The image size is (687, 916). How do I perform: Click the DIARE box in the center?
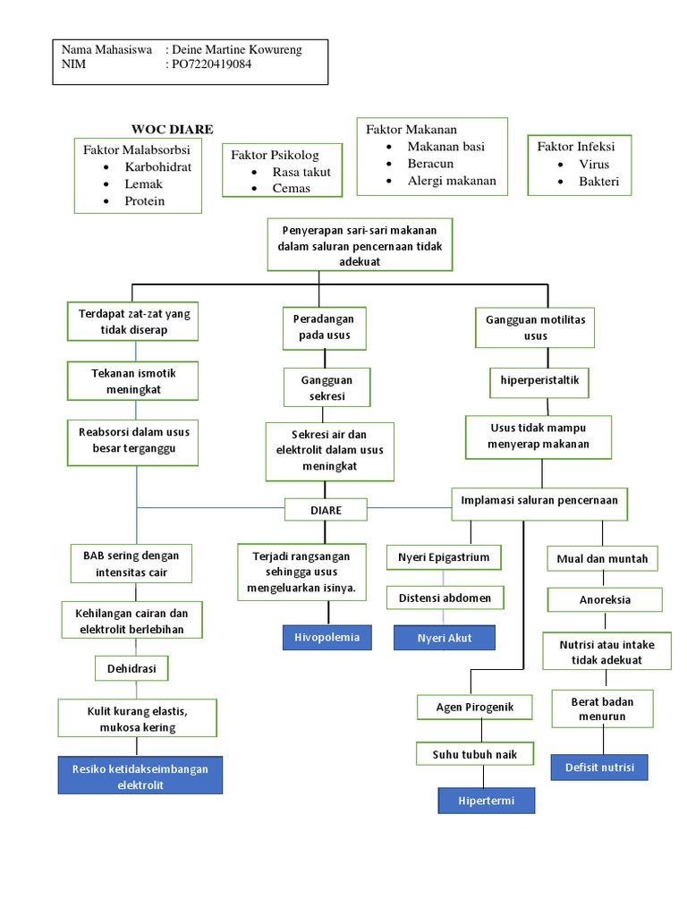click(326, 510)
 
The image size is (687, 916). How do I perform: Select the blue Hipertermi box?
click(486, 800)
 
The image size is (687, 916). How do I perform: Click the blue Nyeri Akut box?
click(445, 638)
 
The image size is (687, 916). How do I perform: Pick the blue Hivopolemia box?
click(327, 637)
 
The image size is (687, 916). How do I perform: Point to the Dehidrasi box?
click(131, 667)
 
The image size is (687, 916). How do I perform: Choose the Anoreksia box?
click(606, 599)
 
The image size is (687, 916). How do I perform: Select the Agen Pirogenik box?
click(475, 708)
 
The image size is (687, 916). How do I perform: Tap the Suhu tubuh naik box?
click(475, 754)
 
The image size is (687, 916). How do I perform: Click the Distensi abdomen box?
click(445, 597)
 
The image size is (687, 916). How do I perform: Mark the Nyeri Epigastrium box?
click(444, 557)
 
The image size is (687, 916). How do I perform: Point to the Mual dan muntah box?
click(602, 560)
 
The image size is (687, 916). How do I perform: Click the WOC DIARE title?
click(173, 129)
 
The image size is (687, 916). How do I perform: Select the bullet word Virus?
click(594, 165)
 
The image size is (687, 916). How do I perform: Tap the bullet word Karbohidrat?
click(158, 166)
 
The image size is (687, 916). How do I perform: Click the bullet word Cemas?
click(292, 188)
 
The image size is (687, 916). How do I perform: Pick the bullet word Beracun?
click(430, 164)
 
